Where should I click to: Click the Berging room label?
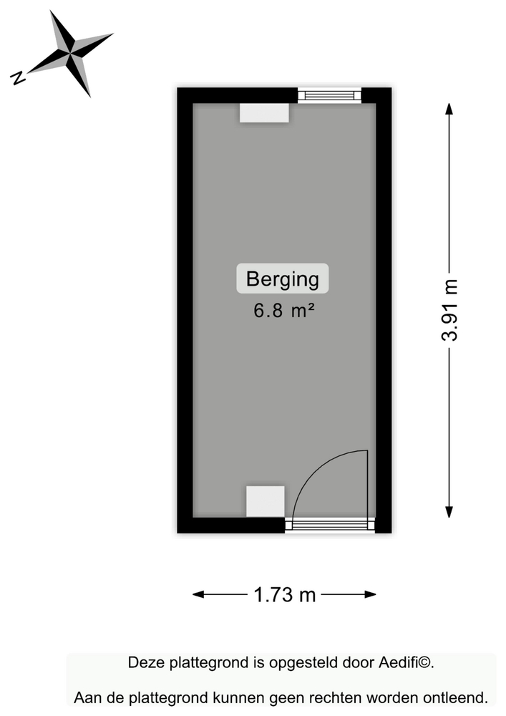point(283,279)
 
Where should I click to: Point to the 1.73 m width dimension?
point(284,594)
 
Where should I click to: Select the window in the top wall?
point(329,95)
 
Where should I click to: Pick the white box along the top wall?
point(264,113)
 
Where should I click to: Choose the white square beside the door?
point(265,500)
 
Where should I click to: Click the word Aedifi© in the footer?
point(406,663)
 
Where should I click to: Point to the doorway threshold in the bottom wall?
point(330,525)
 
